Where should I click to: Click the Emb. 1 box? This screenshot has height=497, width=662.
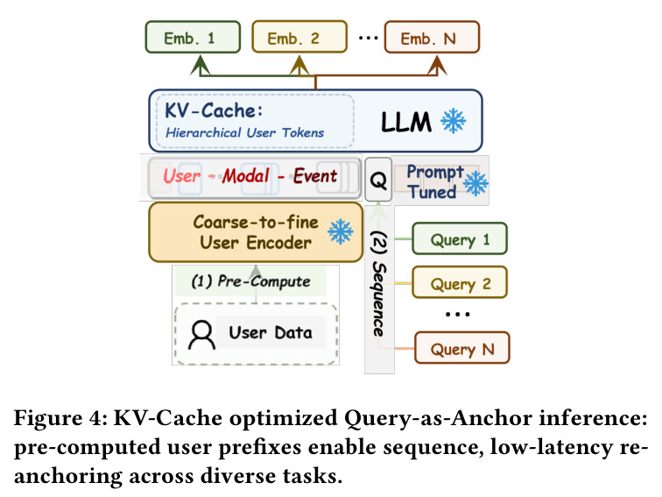[x=193, y=37]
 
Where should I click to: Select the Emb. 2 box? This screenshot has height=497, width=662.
[x=299, y=37]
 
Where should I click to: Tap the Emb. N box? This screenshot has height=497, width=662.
[x=432, y=37]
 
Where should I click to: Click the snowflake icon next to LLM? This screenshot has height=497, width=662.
[x=453, y=121]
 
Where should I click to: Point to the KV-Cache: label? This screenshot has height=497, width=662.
[x=214, y=110]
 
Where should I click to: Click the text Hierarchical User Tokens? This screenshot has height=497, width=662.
[x=245, y=132]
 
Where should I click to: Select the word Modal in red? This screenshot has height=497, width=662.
[x=246, y=176]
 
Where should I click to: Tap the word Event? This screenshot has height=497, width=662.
[x=315, y=176]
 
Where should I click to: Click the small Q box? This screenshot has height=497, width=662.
[x=378, y=180]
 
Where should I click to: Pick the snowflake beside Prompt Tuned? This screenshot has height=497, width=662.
[x=475, y=183]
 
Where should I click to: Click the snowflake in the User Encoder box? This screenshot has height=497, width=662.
[x=341, y=231]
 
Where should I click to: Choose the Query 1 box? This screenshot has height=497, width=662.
[x=460, y=238]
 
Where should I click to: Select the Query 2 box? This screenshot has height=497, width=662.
[x=460, y=282]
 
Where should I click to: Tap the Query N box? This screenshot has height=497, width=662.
[x=461, y=348]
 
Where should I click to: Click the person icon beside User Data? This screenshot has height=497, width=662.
[x=201, y=335]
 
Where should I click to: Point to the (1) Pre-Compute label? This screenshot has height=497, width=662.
[x=250, y=281]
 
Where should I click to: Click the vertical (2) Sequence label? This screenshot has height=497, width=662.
[x=379, y=284]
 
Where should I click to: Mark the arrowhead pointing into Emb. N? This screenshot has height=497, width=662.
[x=437, y=65]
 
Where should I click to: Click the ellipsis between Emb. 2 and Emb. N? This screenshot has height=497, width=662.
[x=368, y=38]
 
